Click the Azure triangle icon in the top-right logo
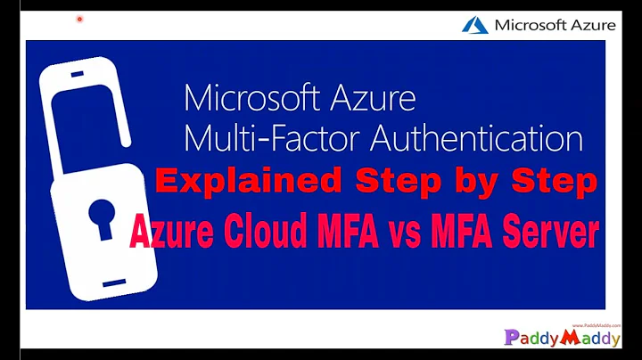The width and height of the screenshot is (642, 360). pos(474,25)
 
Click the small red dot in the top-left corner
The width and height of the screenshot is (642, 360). pos(79,18)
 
